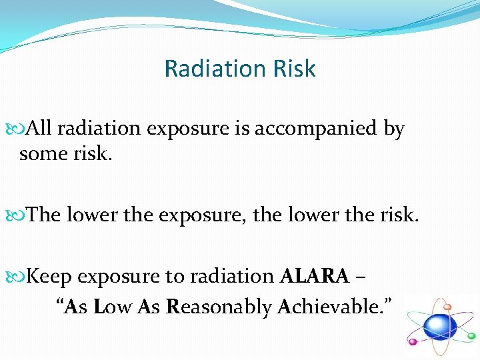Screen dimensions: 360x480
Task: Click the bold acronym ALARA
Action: tap(315, 276)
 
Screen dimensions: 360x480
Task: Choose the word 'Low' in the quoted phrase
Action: tap(114, 307)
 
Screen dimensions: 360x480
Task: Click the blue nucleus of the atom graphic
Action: tap(440, 327)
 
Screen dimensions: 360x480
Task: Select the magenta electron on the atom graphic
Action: tap(413, 341)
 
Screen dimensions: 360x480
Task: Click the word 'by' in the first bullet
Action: tap(393, 129)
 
